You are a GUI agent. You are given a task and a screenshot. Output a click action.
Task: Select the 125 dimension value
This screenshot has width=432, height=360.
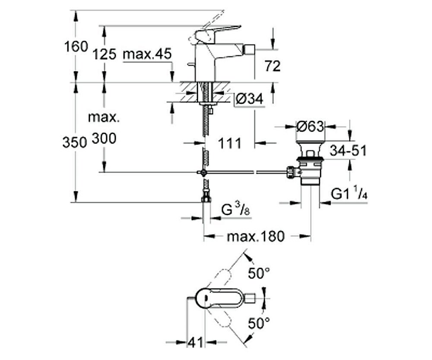(105, 54)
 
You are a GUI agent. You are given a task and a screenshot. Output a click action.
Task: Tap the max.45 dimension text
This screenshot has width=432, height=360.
(147, 54)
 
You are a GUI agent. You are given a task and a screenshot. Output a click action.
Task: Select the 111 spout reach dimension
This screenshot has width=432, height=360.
(229, 143)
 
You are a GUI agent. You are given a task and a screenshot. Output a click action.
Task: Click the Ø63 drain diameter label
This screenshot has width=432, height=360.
(310, 127)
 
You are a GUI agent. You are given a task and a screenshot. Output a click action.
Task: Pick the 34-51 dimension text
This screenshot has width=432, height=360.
(348, 151)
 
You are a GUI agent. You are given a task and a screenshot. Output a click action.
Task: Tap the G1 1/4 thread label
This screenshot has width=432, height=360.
(349, 194)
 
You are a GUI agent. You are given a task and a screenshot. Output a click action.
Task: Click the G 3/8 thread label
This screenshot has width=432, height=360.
(236, 211)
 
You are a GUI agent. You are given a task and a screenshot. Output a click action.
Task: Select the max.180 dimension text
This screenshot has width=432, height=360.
(256, 236)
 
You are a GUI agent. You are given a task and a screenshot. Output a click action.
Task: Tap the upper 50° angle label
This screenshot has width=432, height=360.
(259, 273)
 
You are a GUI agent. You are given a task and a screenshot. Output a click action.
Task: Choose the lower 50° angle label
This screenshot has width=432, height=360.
(259, 322)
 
